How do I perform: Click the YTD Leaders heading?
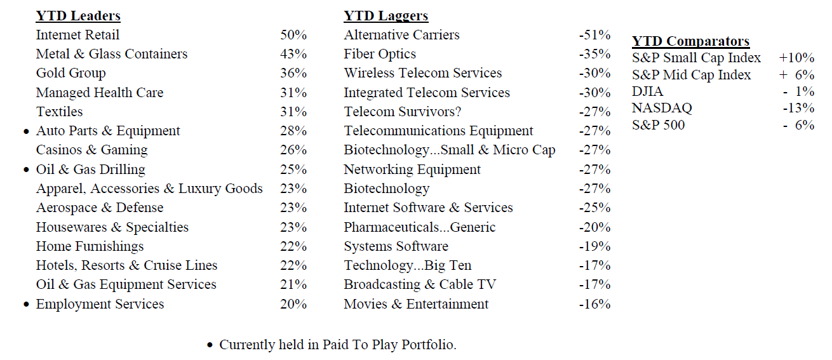tap(78, 16)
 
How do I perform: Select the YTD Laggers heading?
tap(386, 16)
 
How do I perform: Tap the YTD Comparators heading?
tap(690, 41)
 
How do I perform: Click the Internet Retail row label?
tap(77, 35)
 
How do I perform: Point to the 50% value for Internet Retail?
tap(293, 35)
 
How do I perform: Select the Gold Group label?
tap(70, 73)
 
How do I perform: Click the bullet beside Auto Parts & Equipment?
tap(26, 132)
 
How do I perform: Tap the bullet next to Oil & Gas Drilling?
tap(26, 170)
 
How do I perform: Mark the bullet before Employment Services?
tap(26, 305)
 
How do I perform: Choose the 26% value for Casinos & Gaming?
tap(293, 150)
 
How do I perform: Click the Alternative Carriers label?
tap(401, 35)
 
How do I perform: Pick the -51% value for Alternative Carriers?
tap(594, 35)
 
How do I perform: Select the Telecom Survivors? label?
tap(402, 112)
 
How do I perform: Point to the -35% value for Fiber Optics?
tap(594, 54)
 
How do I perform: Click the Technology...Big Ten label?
tap(407, 265)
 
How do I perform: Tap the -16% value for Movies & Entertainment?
tap(594, 304)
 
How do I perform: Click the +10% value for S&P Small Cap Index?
tap(796, 58)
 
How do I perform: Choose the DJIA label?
tap(647, 91)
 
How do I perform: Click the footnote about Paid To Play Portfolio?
tap(337, 345)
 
